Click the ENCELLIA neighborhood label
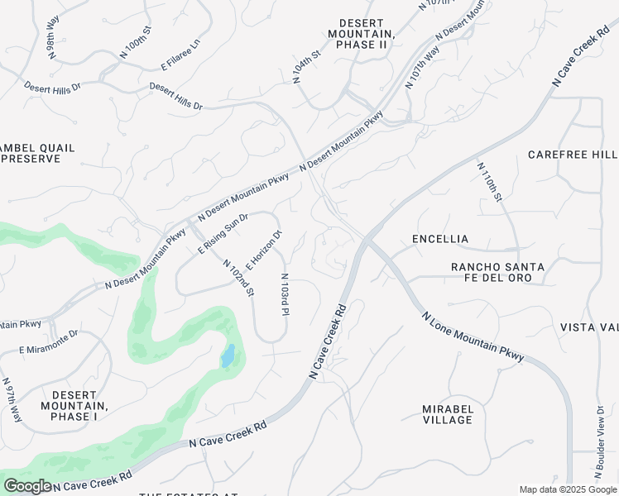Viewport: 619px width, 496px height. click(x=440, y=239)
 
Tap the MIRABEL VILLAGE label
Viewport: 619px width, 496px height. click(x=448, y=414)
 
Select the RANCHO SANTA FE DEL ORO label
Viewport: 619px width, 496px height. click(x=497, y=272)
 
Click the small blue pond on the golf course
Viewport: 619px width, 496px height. click(x=227, y=356)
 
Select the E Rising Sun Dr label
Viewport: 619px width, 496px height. click(x=223, y=234)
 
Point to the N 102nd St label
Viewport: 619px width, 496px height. click(x=239, y=277)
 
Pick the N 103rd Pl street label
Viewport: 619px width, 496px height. click(x=285, y=295)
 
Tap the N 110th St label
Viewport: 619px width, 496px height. click(x=489, y=181)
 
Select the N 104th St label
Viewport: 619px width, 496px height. click(x=307, y=67)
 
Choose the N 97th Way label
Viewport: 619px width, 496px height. click(x=12, y=403)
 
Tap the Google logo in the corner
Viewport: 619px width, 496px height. click(x=27, y=486)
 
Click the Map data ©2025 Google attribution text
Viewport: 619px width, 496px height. click(x=567, y=489)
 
